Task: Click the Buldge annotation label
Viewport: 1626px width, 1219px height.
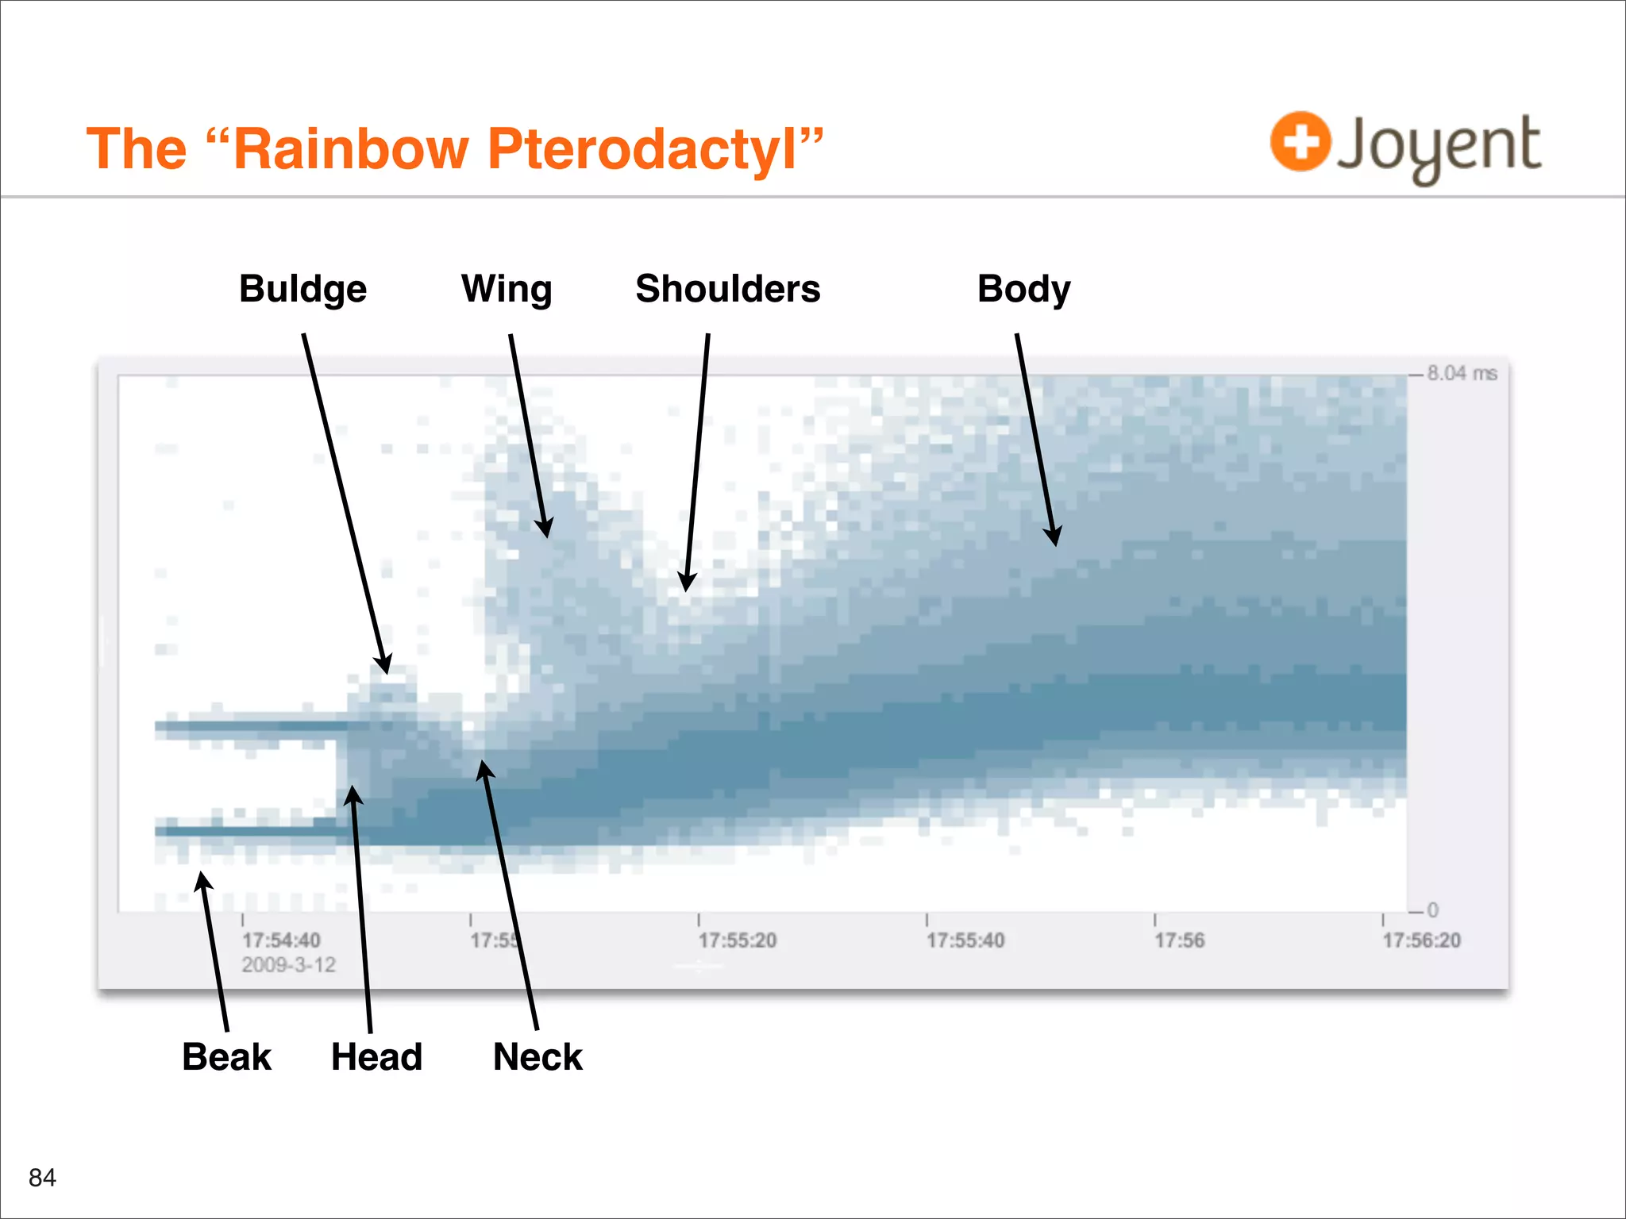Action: click(x=302, y=289)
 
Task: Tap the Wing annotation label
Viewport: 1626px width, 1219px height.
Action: click(x=507, y=289)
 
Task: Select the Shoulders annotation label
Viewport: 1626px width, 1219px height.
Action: click(x=727, y=289)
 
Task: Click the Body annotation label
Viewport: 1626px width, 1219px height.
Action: click(x=1023, y=289)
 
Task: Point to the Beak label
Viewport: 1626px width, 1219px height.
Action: click(x=226, y=1057)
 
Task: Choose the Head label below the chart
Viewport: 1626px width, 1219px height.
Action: click(x=376, y=1057)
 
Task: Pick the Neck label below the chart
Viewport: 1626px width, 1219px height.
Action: click(x=538, y=1057)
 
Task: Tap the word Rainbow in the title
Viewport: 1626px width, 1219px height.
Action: click(x=352, y=149)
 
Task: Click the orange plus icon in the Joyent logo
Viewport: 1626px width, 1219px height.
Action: click(x=1300, y=142)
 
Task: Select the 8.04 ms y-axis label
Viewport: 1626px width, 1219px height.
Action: click(x=1461, y=373)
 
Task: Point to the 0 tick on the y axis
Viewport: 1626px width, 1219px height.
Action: click(x=1432, y=910)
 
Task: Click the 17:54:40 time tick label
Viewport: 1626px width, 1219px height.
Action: click(x=281, y=940)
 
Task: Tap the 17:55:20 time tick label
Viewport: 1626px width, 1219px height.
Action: click(x=737, y=940)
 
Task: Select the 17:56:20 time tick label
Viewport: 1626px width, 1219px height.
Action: click(x=1421, y=940)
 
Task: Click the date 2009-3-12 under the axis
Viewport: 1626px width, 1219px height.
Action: click(x=288, y=965)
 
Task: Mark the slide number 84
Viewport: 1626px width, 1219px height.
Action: click(x=42, y=1178)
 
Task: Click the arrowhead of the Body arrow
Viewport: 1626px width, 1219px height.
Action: click(x=1054, y=537)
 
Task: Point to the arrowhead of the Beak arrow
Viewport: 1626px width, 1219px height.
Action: click(x=203, y=880)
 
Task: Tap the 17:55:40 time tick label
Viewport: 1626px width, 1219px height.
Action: click(x=965, y=940)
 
